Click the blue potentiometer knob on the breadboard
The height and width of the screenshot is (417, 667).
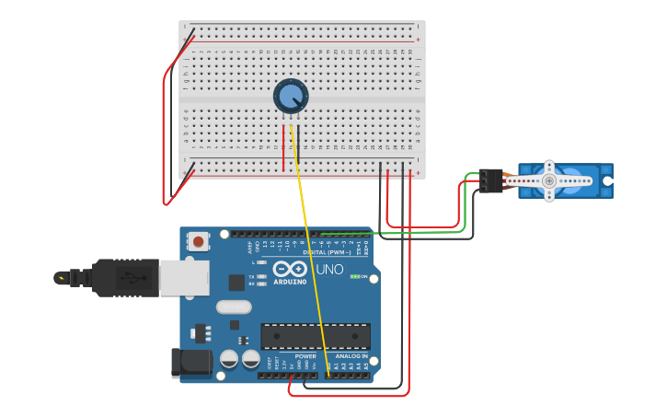[x=291, y=96]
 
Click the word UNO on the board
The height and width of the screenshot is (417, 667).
[x=329, y=270]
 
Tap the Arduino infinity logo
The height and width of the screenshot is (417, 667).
[x=290, y=268]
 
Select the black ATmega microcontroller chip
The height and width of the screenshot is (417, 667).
[x=316, y=336]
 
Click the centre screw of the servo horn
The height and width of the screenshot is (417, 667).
[x=549, y=181]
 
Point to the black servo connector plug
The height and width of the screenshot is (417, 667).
[x=489, y=180]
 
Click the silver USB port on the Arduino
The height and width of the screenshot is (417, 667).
[x=184, y=277]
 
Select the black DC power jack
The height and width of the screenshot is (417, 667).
[x=191, y=363]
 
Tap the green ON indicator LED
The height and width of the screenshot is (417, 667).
[x=355, y=276]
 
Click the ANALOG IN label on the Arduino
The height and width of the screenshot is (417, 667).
[x=351, y=355]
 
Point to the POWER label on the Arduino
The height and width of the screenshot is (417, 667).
[x=305, y=355]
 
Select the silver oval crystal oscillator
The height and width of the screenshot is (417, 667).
[x=234, y=307]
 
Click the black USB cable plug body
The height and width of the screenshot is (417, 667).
[x=124, y=277]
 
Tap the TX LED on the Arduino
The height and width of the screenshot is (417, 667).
[x=262, y=275]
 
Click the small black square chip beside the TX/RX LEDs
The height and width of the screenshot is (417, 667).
[x=236, y=283]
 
